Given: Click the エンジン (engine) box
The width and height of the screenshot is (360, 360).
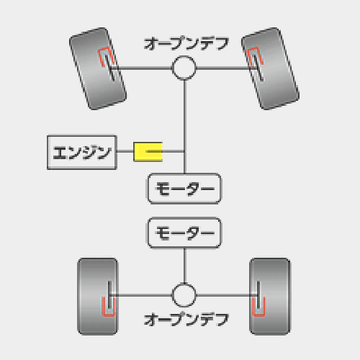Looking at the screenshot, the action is point(82,153).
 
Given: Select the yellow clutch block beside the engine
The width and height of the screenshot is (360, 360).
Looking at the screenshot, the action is point(148,152).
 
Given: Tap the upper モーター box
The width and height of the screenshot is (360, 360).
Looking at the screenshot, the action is point(184,189).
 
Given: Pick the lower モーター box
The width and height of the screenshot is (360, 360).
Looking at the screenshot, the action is point(184,233).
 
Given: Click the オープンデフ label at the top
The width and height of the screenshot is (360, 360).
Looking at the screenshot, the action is point(186,43).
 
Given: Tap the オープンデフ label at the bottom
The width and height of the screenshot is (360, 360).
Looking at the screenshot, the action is point(186,320).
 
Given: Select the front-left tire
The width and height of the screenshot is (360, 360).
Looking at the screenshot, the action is point(98,68).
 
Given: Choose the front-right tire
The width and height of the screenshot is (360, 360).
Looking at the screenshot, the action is point(270,68).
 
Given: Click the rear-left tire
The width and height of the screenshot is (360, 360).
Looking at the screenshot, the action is point(98,297).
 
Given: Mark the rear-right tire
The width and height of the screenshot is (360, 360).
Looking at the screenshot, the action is point(270,297).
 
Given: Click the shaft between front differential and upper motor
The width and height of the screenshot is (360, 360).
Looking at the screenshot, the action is point(184,127).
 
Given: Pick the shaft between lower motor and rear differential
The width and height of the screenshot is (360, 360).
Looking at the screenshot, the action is point(184,266).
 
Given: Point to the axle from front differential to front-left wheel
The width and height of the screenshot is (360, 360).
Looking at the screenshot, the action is point(141,68).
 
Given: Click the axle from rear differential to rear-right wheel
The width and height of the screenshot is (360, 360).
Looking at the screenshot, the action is point(228,295).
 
